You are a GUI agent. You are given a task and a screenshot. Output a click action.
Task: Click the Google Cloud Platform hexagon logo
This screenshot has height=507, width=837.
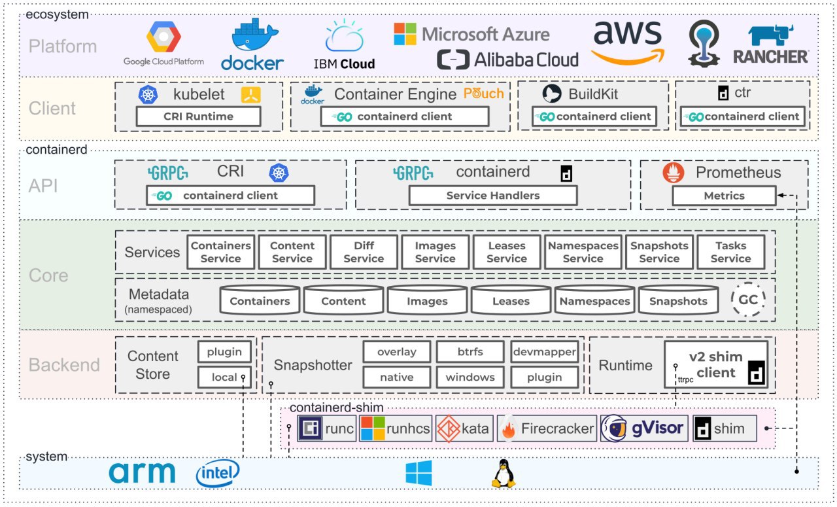(x=163, y=36)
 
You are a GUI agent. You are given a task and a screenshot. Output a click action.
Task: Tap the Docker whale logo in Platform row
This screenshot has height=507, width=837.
(x=255, y=35)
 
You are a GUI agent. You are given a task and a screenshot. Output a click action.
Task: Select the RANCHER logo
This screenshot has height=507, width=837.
(x=771, y=45)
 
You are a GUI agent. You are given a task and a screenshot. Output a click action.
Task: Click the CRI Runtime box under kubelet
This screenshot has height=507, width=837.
(x=198, y=116)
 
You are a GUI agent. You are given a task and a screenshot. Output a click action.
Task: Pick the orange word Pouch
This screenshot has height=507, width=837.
(x=483, y=94)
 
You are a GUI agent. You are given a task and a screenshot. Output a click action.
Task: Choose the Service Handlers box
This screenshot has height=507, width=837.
(x=493, y=195)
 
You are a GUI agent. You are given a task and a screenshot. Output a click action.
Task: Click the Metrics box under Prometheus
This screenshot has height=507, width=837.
(x=724, y=196)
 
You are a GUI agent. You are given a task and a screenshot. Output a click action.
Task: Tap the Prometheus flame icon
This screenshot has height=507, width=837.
(x=674, y=173)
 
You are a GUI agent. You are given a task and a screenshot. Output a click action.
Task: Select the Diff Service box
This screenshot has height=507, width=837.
(x=364, y=252)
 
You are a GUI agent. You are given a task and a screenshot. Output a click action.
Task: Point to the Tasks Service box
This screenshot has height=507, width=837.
(x=730, y=252)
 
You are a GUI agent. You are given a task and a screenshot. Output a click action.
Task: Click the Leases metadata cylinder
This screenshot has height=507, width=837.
(x=511, y=300)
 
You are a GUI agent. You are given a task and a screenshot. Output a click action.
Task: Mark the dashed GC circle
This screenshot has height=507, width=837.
(x=747, y=300)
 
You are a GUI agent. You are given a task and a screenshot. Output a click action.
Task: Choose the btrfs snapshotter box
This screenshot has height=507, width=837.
(x=470, y=351)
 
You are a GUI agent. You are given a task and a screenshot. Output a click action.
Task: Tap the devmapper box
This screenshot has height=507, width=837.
(x=545, y=351)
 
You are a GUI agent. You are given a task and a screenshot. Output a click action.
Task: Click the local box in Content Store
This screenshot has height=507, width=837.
(x=224, y=377)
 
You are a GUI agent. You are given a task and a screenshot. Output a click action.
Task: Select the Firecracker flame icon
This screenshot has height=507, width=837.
(x=508, y=428)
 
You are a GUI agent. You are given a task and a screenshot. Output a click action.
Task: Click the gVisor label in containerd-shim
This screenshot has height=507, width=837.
(x=657, y=428)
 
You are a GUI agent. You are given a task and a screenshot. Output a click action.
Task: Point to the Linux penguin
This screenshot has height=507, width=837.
(x=504, y=474)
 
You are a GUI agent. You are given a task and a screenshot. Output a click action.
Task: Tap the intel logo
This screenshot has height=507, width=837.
(x=218, y=473)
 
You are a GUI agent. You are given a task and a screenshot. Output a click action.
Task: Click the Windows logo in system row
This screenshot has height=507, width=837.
(x=418, y=473)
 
